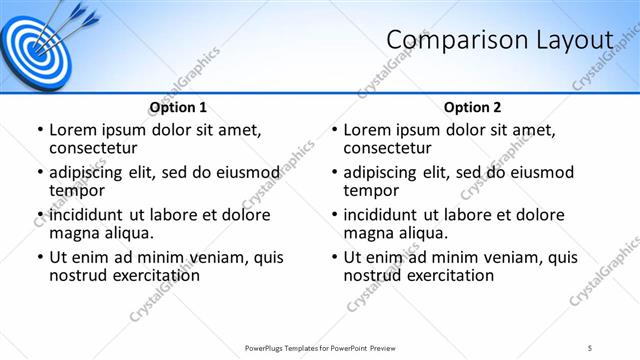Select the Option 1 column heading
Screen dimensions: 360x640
178,107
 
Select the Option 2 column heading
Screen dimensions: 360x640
473,107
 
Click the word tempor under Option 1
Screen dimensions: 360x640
78,190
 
